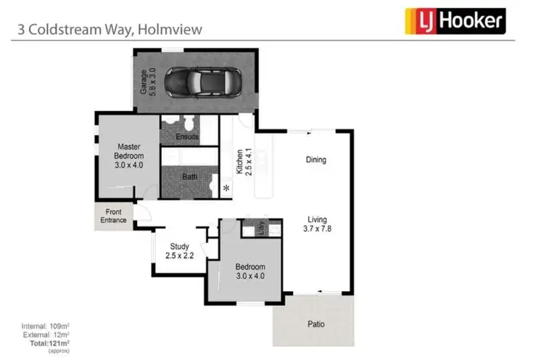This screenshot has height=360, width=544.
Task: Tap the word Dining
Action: click(316, 160)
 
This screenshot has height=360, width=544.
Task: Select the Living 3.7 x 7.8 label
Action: click(316, 224)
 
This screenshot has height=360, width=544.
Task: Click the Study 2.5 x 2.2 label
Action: click(180, 251)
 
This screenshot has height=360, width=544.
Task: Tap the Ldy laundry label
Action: click(255, 227)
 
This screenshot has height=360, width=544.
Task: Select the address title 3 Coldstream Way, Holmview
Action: click(110, 30)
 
